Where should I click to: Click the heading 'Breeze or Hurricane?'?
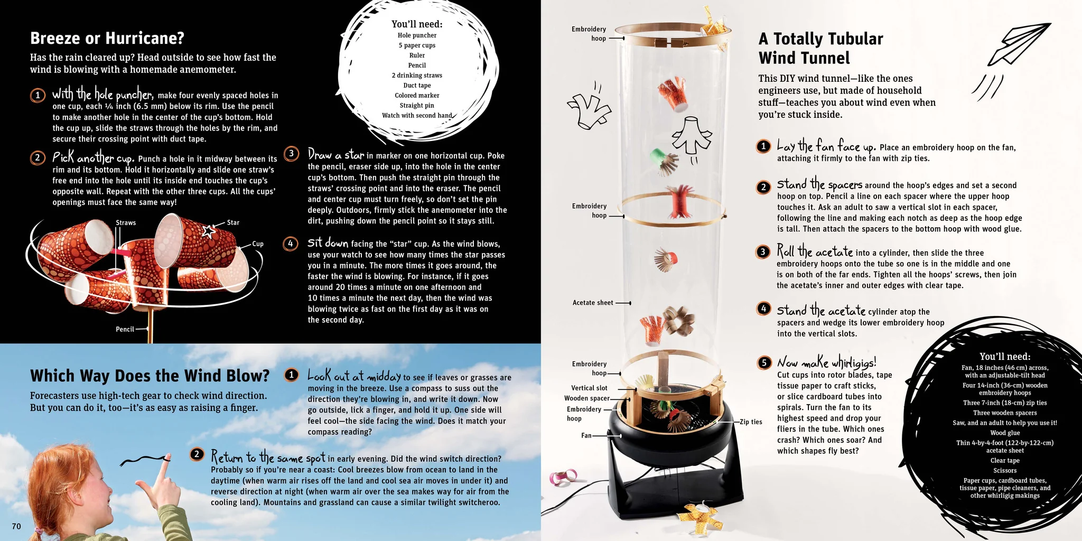point(107,38)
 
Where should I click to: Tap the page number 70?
point(16,526)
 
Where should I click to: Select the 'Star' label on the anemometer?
point(233,222)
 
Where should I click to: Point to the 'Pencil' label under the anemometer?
point(125,329)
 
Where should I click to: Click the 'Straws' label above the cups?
point(126,222)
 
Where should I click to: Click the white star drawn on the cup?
point(209,231)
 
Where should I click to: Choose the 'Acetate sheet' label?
point(593,303)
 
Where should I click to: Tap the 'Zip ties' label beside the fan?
point(751,422)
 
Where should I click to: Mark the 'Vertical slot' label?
point(589,388)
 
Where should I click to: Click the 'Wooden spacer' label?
point(587,398)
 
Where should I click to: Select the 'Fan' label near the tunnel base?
point(586,436)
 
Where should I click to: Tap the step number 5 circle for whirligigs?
point(764,362)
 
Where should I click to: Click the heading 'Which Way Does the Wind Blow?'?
point(150,376)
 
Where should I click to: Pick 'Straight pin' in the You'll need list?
point(417,105)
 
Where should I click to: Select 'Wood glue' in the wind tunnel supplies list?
point(1005,433)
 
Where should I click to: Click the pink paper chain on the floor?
point(564,477)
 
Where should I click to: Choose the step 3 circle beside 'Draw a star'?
point(291,154)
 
